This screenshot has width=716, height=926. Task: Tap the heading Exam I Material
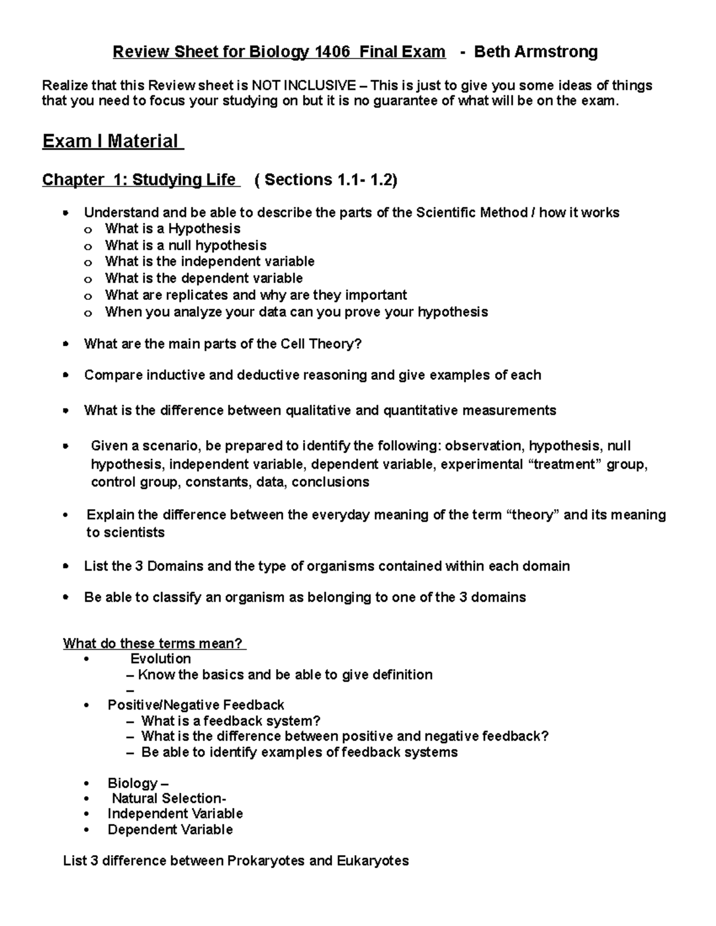point(111,142)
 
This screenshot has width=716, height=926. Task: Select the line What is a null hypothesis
point(186,245)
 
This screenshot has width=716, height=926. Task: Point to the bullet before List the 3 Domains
point(66,566)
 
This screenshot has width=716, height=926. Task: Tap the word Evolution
point(161,659)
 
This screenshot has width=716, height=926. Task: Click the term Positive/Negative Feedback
point(196,705)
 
